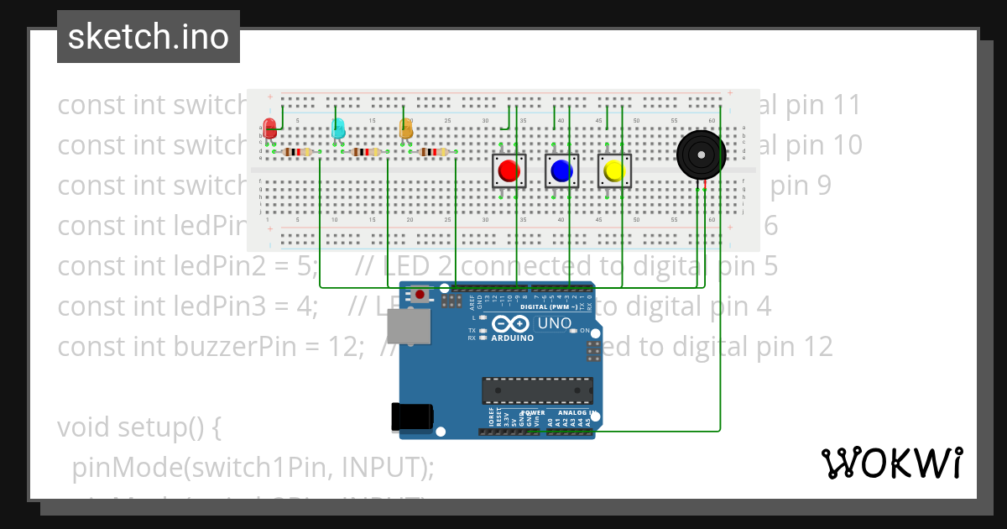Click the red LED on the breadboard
coord(269,128)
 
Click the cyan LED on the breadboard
coord(338,128)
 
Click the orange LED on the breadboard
coord(406,128)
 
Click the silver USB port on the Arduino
coord(414,329)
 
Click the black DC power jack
coord(413,417)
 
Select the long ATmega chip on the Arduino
coord(537,390)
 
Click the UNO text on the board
coord(554,323)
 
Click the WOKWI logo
coord(891,463)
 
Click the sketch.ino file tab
coord(149,37)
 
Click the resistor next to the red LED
coord(297,152)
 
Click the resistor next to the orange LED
coord(433,152)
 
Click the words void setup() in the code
coord(138,427)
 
